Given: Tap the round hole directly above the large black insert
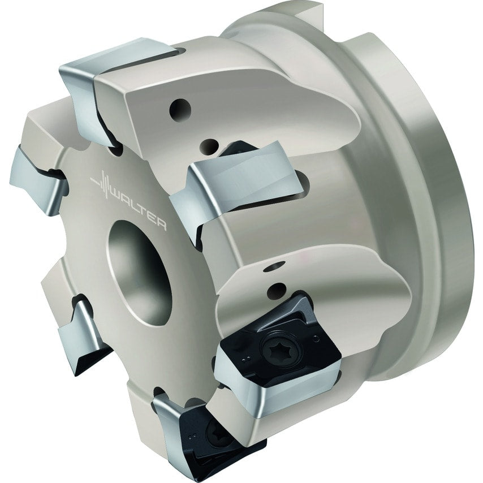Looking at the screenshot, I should click(x=275, y=291).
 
